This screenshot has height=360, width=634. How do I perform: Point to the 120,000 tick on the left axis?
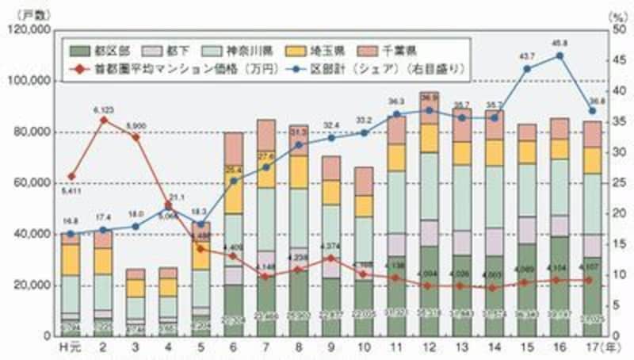[28, 30]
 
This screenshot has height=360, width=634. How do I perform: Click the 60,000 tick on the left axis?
[31, 183]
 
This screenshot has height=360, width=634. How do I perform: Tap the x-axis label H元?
[71, 347]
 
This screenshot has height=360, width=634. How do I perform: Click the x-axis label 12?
[429, 347]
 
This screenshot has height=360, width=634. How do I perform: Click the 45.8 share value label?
[559, 44]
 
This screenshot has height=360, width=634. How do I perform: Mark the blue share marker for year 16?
[560, 56]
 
